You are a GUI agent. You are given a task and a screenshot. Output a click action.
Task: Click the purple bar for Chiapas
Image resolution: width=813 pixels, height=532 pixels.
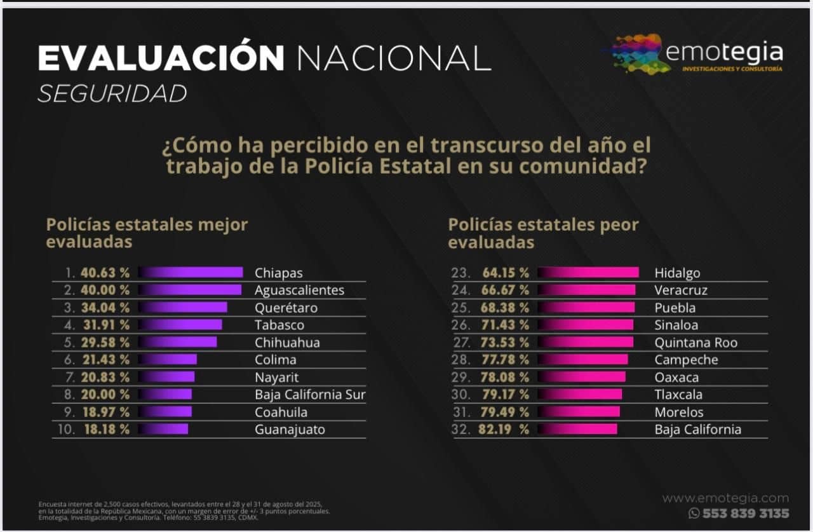(191, 273)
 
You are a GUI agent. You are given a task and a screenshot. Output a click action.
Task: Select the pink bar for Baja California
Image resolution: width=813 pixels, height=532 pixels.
(577, 429)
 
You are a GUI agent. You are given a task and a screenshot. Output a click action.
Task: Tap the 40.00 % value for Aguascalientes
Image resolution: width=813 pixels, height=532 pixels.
(105, 290)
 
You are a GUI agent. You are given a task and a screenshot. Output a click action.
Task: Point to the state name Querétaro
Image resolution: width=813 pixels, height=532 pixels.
(286, 308)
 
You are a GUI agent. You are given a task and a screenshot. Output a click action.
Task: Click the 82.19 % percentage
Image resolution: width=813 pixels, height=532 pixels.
(506, 429)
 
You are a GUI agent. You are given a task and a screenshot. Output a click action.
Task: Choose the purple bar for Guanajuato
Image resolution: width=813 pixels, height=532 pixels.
(163, 429)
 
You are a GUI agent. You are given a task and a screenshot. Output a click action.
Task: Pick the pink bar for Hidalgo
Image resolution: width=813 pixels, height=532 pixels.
(588, 273)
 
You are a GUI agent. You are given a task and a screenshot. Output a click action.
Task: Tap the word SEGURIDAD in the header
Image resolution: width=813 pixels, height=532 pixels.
(112, 94)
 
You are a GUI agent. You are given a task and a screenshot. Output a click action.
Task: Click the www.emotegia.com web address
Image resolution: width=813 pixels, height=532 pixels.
(725, 498)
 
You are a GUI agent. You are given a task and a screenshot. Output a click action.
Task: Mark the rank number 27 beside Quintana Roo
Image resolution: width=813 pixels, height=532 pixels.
(460, 343)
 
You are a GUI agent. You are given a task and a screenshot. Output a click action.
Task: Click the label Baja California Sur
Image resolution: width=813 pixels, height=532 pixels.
(310, 394)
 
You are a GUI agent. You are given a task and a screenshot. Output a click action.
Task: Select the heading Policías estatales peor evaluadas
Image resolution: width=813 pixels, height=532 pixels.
(543, 233)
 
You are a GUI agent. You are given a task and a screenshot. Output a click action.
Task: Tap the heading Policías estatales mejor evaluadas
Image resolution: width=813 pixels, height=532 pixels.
(147, 233)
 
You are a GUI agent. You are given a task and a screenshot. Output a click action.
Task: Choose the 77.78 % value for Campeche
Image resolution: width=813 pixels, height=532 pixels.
(506, 360)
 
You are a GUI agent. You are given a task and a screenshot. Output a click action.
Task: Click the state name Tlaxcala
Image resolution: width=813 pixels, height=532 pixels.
(678, 394)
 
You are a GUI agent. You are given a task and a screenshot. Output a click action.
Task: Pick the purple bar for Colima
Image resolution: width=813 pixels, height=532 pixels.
(168, 360)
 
